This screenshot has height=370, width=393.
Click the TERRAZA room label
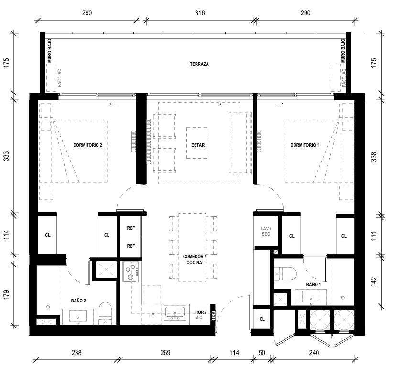199,64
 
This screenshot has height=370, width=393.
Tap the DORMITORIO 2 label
87,145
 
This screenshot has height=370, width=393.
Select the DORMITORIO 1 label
305,145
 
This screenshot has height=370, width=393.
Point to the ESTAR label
198,145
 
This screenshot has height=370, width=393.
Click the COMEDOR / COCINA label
194,259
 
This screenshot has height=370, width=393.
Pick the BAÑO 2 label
78,301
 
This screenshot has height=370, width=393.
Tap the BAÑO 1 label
313,284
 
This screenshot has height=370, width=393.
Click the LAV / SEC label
266,231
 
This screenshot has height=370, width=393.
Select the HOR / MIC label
200,315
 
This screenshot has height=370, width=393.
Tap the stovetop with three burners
131,272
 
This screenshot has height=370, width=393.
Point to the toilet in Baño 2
105,313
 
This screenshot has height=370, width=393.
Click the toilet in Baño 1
285,273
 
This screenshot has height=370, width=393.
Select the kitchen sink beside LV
175,313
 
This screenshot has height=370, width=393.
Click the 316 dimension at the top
200,12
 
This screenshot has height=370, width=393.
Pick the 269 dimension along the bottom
165,353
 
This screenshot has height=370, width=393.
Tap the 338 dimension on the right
374,157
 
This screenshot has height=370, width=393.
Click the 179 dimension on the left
6,294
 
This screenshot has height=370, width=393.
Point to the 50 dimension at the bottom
262,353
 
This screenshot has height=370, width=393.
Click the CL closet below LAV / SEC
262,319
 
